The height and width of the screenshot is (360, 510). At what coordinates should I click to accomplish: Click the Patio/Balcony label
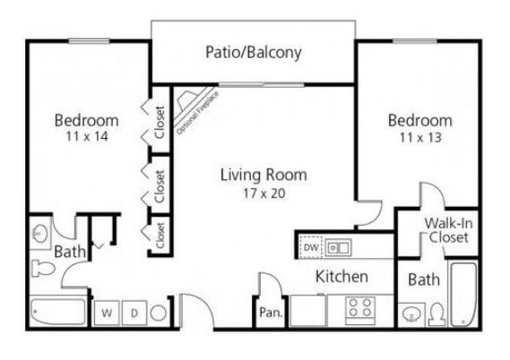click(x=254, y=52)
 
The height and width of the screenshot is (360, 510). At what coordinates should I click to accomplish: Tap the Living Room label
click(x=264, y=175)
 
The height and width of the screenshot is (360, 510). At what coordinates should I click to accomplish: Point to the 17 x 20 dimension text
click(x=264, y=193)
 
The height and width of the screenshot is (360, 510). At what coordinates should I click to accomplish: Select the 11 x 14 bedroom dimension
click(x=86, y=137)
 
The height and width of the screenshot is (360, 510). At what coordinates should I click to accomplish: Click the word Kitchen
click(x=341, y=277)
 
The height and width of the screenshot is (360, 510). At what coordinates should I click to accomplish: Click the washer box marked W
click(x=107, y=313)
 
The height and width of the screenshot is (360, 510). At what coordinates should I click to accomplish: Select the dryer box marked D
click(x=134, y=313)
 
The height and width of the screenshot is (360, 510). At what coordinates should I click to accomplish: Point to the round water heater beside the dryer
click(x=159, y=313)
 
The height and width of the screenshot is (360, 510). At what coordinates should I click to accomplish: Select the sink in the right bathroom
click(x=411, y=313)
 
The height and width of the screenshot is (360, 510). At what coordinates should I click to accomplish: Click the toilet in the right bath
click(x=437, y=313)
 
